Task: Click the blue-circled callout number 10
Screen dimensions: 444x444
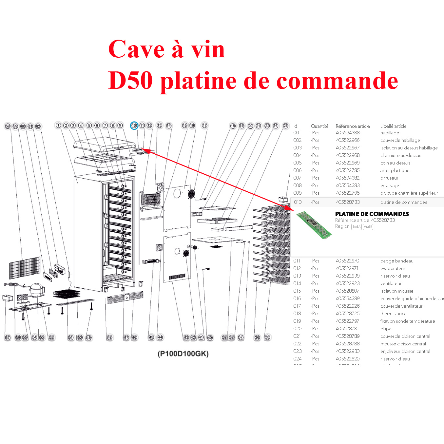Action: coord(134,125)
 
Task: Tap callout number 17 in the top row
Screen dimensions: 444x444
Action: coord(204,125)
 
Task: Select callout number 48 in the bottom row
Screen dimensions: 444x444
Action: coord(109,338)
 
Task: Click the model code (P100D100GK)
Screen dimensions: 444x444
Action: coord(183,354)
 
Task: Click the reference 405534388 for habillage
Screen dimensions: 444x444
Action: coord(348,133)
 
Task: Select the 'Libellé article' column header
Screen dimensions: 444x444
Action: coord(393,126)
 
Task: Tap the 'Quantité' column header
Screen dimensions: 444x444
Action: coord(319,126)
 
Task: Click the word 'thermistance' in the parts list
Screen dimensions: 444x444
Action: coord(393,314)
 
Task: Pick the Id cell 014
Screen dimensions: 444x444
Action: coord(297,283)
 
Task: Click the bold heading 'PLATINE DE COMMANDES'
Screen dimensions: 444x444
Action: coord(372,214)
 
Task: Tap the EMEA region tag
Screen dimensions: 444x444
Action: coord(357,227)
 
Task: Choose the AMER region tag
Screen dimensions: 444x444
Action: coord(368,227)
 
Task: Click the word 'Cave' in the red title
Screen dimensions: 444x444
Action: coord(136,49)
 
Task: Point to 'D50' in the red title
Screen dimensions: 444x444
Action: coord(130,81)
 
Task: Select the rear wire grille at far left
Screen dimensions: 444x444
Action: coord(25,268)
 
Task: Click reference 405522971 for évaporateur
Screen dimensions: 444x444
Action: coord(347,268)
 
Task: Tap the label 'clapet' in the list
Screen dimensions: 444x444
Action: coord(387,329)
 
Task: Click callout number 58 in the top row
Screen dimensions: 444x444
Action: coord(8,126)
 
